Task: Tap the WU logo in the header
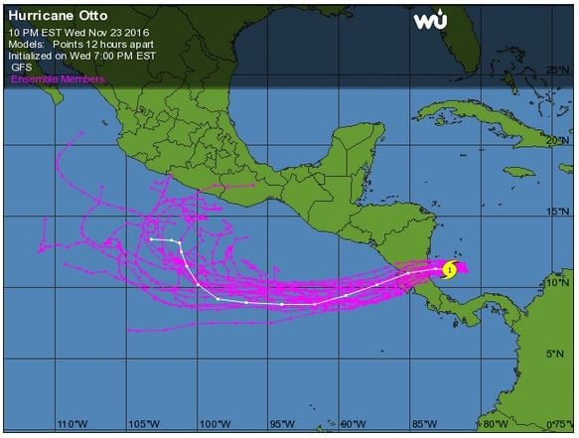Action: pyautogui.click(x=431, y=21)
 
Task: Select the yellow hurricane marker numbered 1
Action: pyautogui.click(x=449, y=269)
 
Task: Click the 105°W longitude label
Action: pyautogui.click(x=139, y=424)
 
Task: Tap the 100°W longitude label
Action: pyautogui.click(x=210, y=424)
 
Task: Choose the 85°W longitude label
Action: pyautogui.click(x=422, y=424)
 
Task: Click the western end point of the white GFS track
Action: pyautogui.click(x=151, y=239)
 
